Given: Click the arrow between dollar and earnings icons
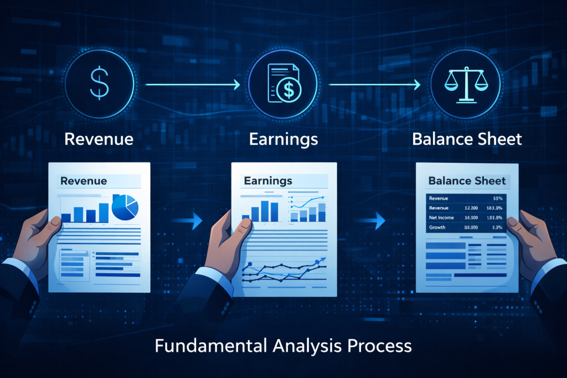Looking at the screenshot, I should (191, 85).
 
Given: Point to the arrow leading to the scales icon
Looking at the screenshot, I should (374, 85).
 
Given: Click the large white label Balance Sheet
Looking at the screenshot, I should (467, 138).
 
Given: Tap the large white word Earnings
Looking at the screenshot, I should (283, 138).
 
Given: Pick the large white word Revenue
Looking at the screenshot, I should (99, 138).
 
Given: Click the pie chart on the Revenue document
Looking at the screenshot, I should (125, 207).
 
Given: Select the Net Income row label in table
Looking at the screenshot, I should (441, 218).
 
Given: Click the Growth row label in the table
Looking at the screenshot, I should (437, 227).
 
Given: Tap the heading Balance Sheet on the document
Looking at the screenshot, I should (467, 181).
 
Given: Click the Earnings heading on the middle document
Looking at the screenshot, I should (267, 181).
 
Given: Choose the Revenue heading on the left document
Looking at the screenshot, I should (84, 181).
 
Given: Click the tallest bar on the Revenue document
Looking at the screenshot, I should (104, 212).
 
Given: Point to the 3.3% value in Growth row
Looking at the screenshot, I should (496, 227).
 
